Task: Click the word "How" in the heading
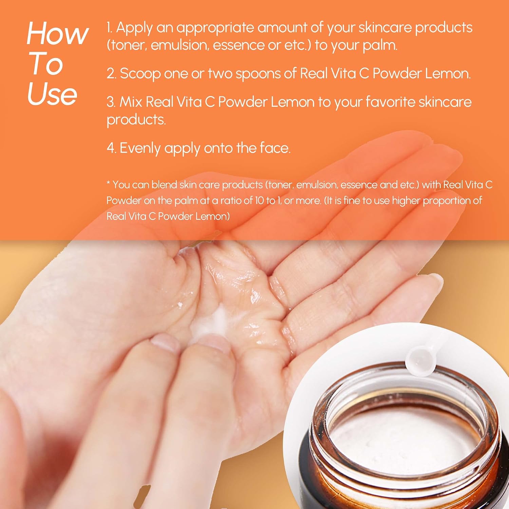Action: tap(58, 33)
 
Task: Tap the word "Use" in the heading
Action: tap(52, 94)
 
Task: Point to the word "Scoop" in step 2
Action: tap(140, 74)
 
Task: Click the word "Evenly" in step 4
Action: tap(140, 149)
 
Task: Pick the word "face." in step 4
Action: tap(275, 148)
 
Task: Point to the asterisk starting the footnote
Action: tap(109, 183)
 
